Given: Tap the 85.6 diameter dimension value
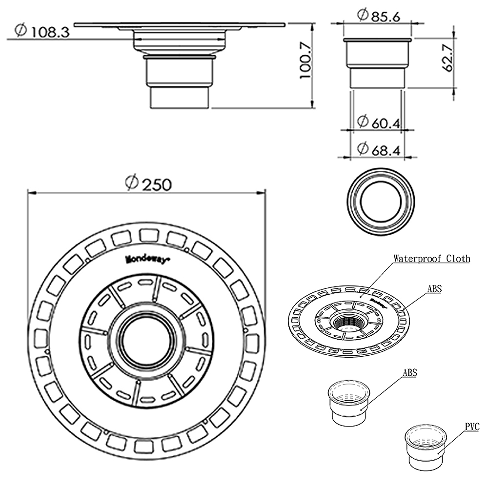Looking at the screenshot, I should click(386, 16).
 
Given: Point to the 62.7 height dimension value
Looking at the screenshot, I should click(448, 57).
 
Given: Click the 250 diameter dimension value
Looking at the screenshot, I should click(155, 184).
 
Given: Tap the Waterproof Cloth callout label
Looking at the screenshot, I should click(431, 259).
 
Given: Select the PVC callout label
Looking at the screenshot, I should click(472, 427).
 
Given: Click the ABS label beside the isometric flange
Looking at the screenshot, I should click(434, 289).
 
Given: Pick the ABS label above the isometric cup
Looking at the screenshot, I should click(410, 373).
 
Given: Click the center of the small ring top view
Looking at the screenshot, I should click(381, 202).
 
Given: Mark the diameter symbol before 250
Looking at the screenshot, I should click(130, 183).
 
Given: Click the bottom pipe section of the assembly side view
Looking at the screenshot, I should click(179, 97).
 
